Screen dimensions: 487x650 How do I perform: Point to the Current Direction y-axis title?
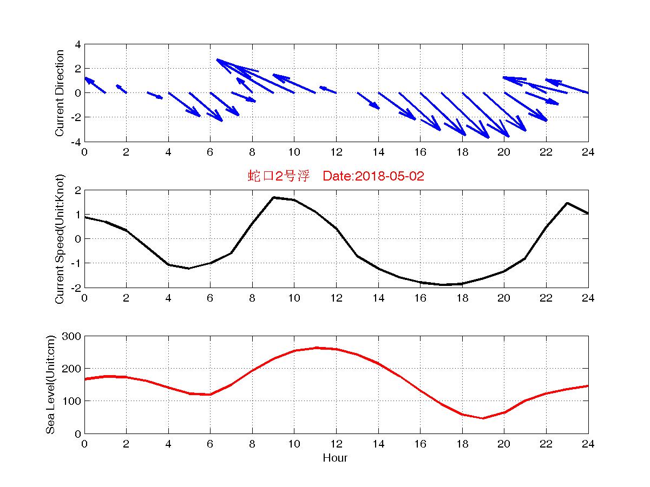[60, 93]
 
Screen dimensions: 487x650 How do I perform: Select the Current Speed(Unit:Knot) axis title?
[60, 239]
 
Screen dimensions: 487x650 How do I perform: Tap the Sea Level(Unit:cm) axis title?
[50, 385]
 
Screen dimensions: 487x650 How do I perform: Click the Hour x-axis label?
[336, 458]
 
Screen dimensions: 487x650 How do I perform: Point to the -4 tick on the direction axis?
[76, 142]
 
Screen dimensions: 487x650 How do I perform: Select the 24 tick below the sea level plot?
[588, 444]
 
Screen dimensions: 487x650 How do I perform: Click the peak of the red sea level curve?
[317, 348]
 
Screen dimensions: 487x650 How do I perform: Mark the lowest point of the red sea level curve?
[483, 418]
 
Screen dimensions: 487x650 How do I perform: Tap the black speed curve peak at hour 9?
[273, 198]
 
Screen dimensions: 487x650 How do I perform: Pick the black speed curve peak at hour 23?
[567, 203]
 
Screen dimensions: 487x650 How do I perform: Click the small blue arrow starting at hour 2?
[121, 89]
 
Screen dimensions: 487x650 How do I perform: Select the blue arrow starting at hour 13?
[368, 101]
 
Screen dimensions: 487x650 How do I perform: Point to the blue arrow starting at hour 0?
[95, 85]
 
